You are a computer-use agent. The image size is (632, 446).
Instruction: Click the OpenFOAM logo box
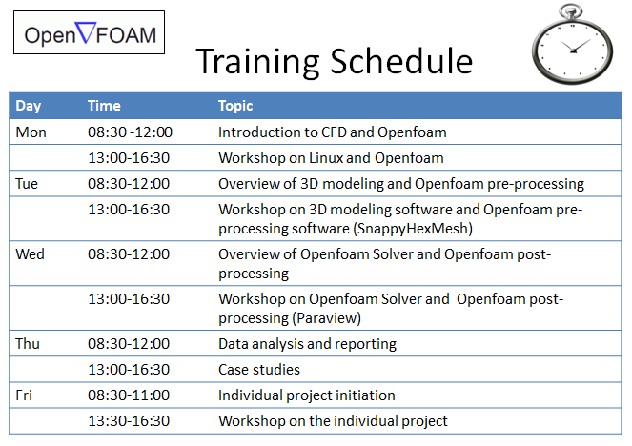point(89,32)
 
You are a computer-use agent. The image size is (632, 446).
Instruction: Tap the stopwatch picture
point(572,45)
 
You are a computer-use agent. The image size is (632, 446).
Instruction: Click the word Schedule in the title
point(401,61)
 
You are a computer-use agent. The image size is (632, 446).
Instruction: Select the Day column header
point(29,106)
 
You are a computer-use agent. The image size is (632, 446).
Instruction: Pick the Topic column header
point(235,106)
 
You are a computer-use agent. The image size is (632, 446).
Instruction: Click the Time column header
point(104,106)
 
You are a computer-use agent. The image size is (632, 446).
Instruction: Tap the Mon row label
point(31,132)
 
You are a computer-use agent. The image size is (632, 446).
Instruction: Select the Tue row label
point(27,184)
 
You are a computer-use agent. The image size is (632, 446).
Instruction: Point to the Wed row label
point(30,254)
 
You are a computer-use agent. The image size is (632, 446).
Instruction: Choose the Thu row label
point(28,344)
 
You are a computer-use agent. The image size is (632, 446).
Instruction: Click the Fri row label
point(24,395)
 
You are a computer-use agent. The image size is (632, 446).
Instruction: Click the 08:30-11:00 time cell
point(129,395)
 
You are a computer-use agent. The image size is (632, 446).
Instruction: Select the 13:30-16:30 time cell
point(129,421)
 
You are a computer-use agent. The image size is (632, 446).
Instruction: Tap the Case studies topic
point(259,370)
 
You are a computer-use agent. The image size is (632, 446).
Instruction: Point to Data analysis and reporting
point(307,344)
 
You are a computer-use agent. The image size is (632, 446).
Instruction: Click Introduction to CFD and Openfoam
point(333,132)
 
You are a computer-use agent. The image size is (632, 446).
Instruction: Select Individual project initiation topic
point(307,395)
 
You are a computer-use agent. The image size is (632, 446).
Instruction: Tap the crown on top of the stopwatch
point(571,10)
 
